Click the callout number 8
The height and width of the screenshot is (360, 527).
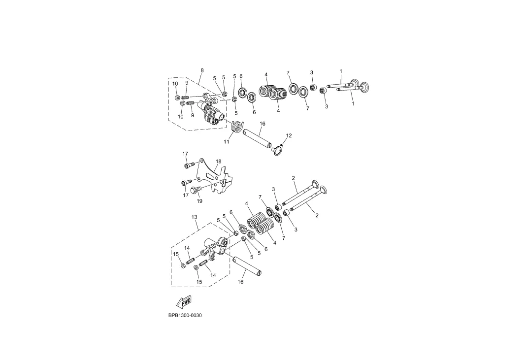202,70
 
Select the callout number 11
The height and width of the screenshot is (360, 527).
227,142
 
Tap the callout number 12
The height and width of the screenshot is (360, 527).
289,136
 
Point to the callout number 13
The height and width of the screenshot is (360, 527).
194,217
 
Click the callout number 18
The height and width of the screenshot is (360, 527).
219,162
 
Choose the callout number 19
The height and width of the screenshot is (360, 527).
199,201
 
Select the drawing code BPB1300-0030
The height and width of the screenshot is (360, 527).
185,316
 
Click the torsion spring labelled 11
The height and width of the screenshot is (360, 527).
237,127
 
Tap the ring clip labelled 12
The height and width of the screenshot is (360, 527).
277,150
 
